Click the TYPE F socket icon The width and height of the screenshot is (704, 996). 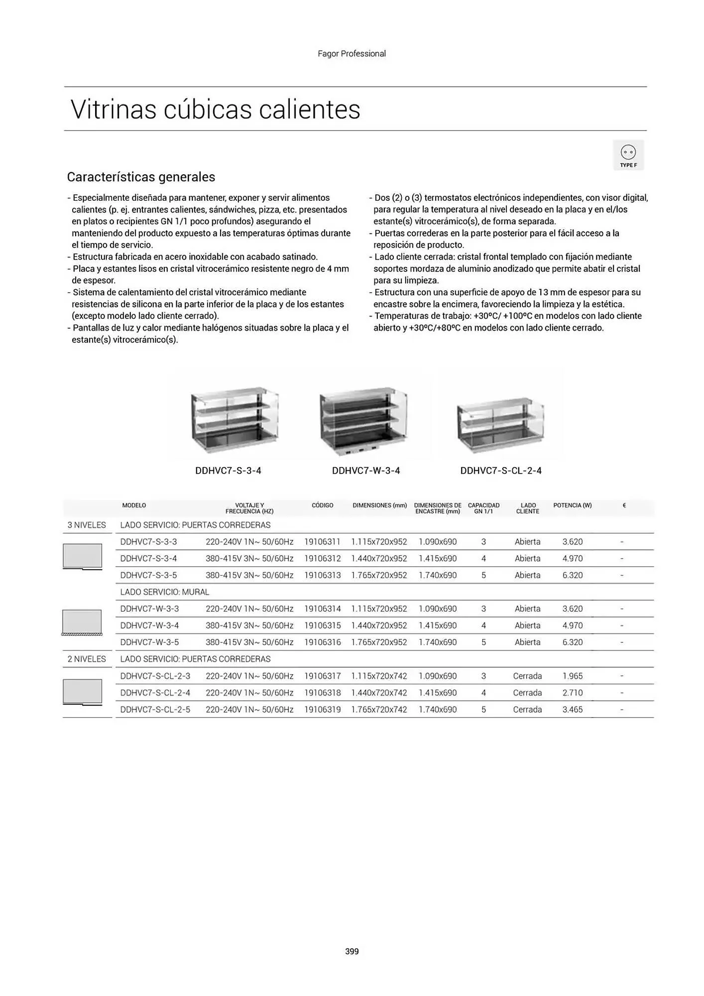tap(628, 154)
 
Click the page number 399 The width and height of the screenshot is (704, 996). tap(352, 951)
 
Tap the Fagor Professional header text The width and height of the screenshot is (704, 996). tap(352, 54)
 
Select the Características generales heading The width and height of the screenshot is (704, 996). tap(141, 177)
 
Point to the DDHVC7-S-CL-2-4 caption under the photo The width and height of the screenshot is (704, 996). tap(501, 471)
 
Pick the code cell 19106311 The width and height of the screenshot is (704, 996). tap(322, 542)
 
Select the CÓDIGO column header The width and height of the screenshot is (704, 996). tap(322, 505)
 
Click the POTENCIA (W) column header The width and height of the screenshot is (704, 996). tap(572, 505)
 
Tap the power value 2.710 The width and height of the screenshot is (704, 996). tap(572, 693)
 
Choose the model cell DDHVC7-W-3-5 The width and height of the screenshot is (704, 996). tap(149, 642)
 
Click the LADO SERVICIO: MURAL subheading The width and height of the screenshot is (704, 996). tap(165, 592)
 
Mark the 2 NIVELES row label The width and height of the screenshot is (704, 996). tap(87, 659)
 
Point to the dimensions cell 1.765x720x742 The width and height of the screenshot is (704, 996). tap(379, 710)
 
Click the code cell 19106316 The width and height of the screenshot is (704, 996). tap(322, 642)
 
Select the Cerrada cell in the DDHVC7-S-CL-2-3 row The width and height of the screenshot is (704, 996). tap(527, 676)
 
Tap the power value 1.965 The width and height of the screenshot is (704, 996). tap(572, 676)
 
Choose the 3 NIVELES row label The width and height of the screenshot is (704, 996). tap(87, 525)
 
